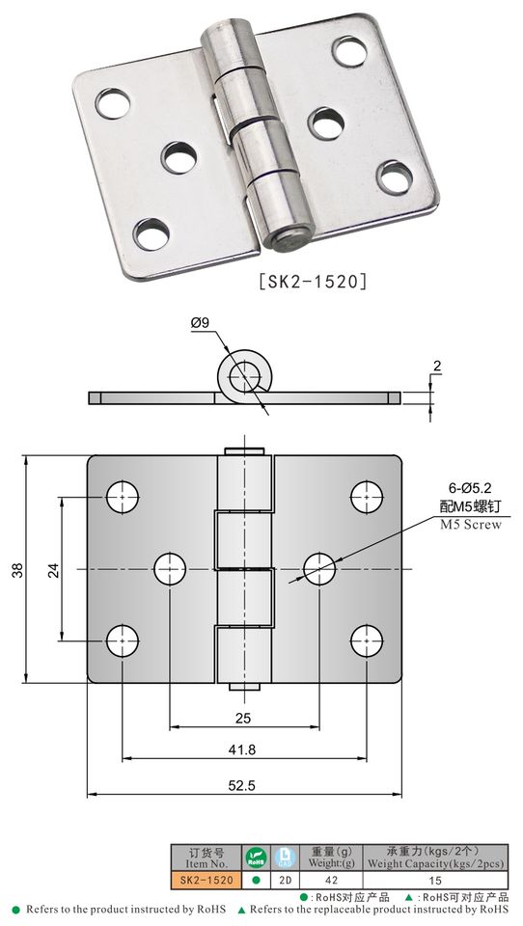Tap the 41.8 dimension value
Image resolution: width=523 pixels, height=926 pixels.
242,749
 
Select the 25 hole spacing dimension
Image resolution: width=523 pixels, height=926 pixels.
243,718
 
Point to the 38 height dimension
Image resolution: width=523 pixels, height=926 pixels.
17,569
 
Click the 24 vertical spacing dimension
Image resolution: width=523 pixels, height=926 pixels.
54,570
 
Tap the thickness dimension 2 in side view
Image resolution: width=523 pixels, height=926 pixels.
437,367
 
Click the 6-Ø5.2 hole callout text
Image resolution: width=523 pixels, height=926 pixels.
470,488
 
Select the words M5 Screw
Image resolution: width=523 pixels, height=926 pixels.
470,525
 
